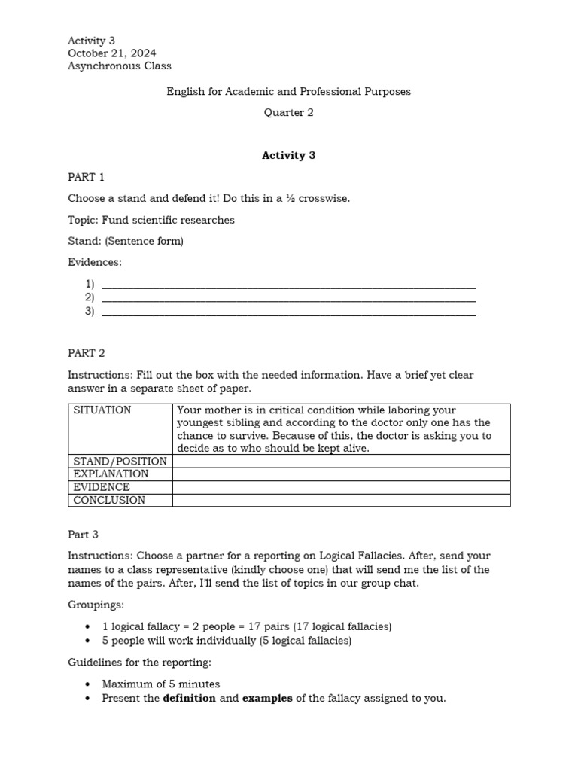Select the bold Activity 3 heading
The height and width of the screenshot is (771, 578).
(x=288, y=155)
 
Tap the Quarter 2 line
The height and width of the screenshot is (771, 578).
(x=288, y=113)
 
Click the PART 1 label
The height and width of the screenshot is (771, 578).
(x=87, y=177)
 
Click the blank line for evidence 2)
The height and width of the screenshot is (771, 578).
(x=288, y=298)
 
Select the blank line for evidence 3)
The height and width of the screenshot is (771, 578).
(x=288, y=312)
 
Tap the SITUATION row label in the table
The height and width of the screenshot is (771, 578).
(x=102, y=410)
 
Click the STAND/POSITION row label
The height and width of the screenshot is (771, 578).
(x=120, y=461)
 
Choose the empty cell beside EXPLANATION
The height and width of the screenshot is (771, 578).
(x=341, y=474)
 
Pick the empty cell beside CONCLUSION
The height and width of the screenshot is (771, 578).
(x=341, y=500)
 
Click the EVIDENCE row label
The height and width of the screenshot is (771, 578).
(x=102, y=487)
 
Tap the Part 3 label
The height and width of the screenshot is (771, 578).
(x=84, y=535)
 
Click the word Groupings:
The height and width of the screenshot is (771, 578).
(x=96, y=605)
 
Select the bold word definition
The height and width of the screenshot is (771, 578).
(x=189, y=698)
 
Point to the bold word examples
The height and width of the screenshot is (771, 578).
(x=267, y=698)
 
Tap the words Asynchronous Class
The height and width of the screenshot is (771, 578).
(x=119, y=66)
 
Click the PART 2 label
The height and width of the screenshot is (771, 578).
(x=87, y=352)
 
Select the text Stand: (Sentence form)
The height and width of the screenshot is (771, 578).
(x=126, y=241)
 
